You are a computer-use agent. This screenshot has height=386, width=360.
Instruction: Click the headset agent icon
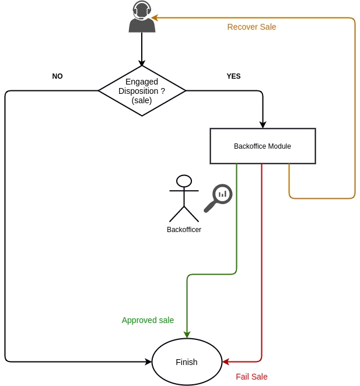142,17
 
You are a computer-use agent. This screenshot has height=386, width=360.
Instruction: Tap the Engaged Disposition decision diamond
142,91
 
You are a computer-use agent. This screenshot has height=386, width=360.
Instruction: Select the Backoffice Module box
263,146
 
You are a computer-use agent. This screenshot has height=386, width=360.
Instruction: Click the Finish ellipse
187,362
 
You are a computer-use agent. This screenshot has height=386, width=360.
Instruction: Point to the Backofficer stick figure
184,198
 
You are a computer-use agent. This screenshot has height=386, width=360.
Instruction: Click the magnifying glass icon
218,198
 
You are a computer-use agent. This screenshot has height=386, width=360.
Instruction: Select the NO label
57,76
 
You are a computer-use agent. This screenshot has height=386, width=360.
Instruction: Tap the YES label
233,76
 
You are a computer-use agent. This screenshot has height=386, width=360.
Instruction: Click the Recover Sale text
251,27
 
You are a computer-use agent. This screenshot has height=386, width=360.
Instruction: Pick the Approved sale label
148,320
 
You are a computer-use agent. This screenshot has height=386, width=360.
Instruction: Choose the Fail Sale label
251,377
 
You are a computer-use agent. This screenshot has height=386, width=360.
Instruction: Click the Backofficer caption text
184,229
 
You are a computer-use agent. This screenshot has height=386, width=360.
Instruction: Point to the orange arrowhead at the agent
154,17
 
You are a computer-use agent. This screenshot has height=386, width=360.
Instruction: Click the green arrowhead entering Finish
187,335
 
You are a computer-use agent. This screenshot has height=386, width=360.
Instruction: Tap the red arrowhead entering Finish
226,362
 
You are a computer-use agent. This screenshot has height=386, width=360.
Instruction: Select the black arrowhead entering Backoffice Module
263,125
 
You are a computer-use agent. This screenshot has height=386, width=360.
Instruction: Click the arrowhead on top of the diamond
142,62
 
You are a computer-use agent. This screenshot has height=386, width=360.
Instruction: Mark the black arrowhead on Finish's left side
148,362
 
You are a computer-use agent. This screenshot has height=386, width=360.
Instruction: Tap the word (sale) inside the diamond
142,100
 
